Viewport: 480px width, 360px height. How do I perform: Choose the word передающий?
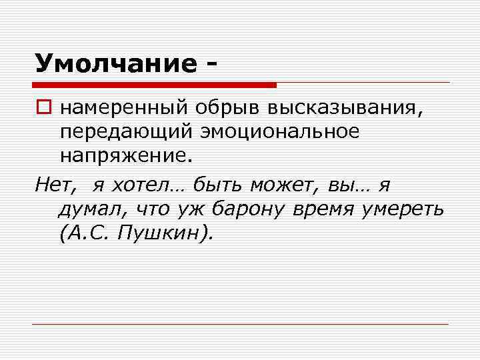click(x=125, y=132)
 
